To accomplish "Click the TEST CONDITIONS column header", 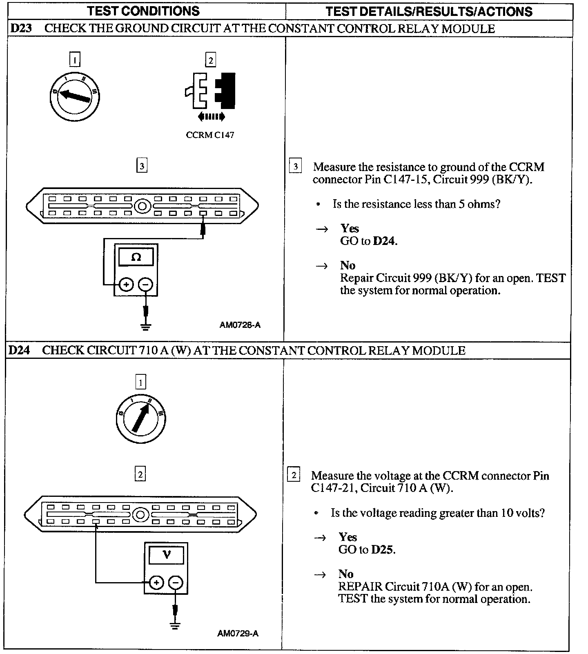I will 143,11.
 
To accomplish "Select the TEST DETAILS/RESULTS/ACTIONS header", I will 429,11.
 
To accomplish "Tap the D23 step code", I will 21,29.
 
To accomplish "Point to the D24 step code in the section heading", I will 19,350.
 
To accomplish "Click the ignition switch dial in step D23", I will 75,96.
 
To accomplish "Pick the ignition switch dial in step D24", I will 140,419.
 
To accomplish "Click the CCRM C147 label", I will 210,135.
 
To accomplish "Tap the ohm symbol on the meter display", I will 136,257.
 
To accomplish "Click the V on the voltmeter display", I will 167,555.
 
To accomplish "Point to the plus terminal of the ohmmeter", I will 127,284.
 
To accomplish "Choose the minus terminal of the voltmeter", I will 176,583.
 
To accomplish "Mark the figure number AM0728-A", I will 240,325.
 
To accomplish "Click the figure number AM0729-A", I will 238,633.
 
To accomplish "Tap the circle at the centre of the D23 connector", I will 143,206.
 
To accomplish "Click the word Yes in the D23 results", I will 350,229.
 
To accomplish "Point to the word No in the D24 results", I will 346,574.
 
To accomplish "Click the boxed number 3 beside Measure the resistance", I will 295,167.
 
